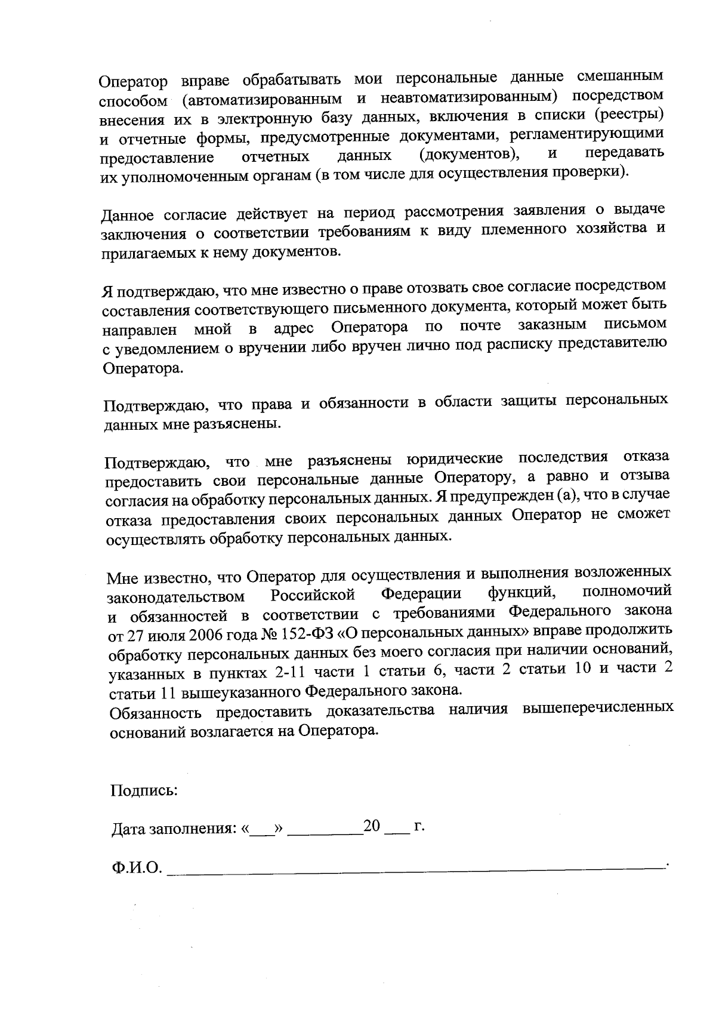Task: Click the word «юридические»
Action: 454,458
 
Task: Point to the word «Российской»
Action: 313,595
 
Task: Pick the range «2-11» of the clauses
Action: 289,672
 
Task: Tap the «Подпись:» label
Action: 144,792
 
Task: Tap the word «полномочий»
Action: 626,592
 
